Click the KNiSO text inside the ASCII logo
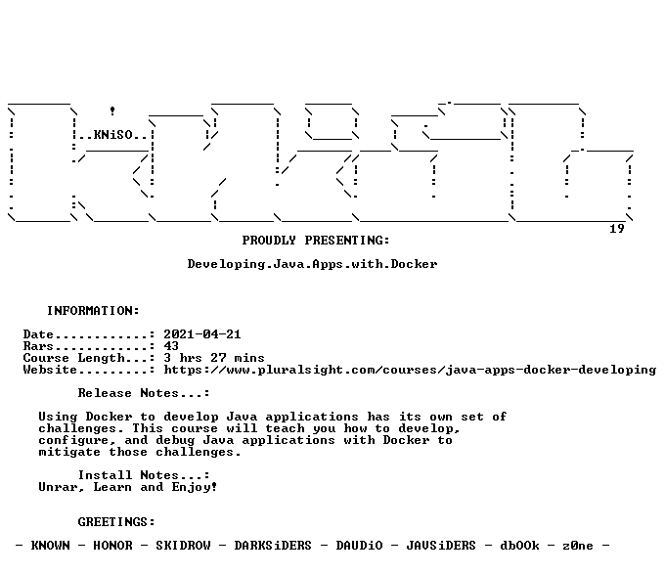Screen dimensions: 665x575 pyautogui.click(x=113, y=135)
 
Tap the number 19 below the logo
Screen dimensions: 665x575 pyautogui.click(x=617, y=229)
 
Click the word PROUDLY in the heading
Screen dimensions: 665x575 pyautogui.click(x=269, y=241)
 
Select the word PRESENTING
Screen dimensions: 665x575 pyautogui.click(x=346, y=241)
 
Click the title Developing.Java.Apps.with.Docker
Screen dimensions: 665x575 pyautogui.click(x=312, y=264)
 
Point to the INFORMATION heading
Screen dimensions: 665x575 pyautogui.click(x=93, y=311)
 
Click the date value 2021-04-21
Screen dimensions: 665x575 pyautogui.click(x=202, y=334)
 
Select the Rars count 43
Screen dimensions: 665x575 pyautogui.click(x=171, y=346)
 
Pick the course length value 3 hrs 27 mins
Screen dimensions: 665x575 pyautogui.click(x=214, y=358)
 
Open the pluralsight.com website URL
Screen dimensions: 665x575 pyautogui.click(x=410, y=370)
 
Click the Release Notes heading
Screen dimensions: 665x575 pyautogui.click(x=144, y=393)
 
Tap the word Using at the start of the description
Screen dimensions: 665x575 pyautogui.click(x=58, y=417)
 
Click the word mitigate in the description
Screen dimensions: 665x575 pyautogui.click(x=69, y=452)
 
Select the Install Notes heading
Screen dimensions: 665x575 pyautogui.click(x=144, y=475)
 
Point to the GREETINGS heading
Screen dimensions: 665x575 pyautogui.click(x=116, y=522)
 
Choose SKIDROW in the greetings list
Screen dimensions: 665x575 pyautogui.click(x=183, y=546)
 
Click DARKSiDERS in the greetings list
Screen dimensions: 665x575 pyautogui.click(x=273, y=546)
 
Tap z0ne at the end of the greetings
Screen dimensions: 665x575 pyautogui.click(x=578, y=546)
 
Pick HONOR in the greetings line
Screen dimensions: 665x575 pyautogui.click(x=112, y=546)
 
